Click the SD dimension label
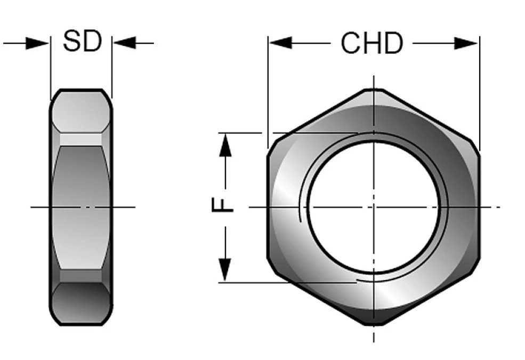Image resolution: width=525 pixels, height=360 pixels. point(82,41)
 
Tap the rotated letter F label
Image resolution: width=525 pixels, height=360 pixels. point(222,205)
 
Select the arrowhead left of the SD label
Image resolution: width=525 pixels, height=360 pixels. point(37,43)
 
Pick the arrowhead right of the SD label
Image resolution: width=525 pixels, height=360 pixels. point(124,43)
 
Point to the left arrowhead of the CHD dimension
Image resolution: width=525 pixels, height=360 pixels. point(280,43)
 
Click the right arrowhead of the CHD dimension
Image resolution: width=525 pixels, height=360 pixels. point(466,43)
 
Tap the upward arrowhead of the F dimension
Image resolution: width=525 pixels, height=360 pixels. point(225,145)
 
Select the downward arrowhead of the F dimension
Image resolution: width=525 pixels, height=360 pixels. point(225,270)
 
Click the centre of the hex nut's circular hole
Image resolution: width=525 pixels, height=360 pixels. point(373,207)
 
